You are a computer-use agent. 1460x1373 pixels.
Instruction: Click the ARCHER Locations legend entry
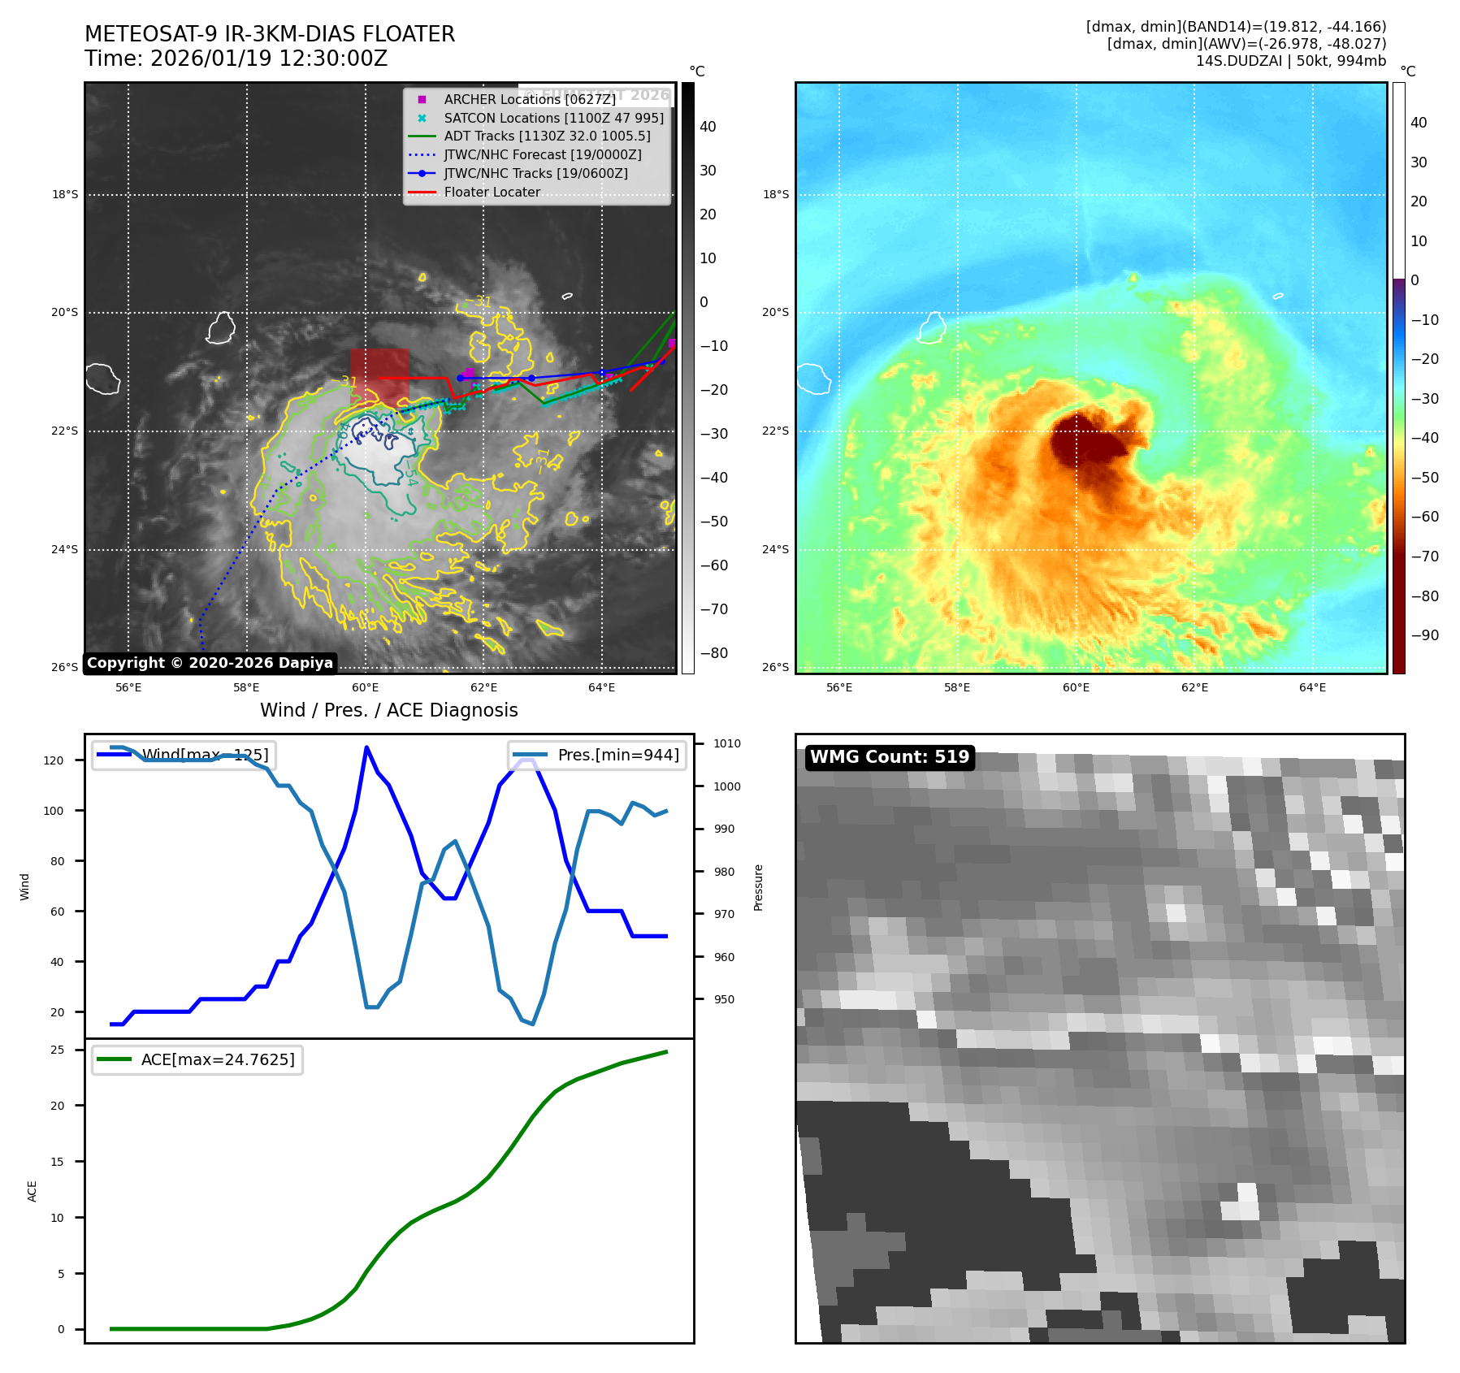point(529,99)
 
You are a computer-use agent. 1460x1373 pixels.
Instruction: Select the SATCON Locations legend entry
point(553,118)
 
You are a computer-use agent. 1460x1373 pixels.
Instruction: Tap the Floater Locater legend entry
point(492,192)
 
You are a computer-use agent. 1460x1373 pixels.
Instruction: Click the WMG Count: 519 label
point(890,757)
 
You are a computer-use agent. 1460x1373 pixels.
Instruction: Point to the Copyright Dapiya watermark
point(210,663)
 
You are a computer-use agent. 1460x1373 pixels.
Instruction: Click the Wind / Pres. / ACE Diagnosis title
point(388,710)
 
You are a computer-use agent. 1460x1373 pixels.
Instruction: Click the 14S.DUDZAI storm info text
point(1290,61)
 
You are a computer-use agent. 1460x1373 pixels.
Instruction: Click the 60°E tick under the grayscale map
point(366,688)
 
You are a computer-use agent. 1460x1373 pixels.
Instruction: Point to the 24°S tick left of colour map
point(775,549)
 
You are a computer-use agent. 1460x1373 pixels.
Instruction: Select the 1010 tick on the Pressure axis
point(727,743)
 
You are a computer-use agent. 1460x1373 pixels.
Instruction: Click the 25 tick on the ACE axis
point(58,1050)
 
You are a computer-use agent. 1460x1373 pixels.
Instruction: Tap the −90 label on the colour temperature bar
point(1424,635)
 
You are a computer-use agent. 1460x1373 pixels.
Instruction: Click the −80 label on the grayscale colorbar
point(714,653)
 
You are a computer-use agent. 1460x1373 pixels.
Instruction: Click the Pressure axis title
point(758,887)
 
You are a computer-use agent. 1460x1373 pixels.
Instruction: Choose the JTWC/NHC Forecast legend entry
point(542,154)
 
